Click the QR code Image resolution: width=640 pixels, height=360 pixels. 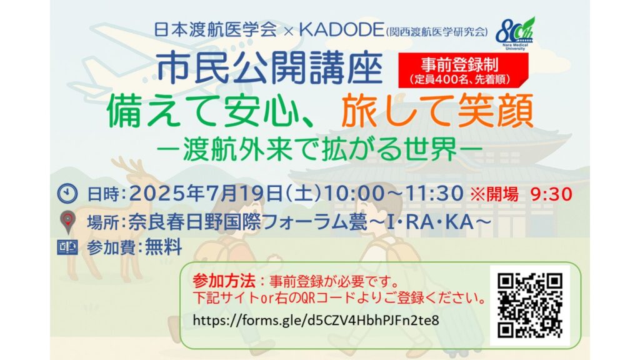pos(530,306)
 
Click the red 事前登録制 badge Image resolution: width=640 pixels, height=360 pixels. pos(463,70)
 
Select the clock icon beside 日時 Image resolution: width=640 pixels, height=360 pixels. pos(67,194)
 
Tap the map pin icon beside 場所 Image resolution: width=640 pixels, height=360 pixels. pos(67,222)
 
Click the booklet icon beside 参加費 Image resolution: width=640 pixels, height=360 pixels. pos(67,247)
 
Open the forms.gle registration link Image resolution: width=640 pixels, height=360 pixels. pos(316,321)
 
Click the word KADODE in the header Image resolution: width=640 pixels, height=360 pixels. pos(341,30)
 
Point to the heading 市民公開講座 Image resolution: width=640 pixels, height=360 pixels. pos(269,68)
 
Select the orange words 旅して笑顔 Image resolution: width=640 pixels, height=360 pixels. pos(437,111)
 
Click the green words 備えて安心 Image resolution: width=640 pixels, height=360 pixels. pos(202,111)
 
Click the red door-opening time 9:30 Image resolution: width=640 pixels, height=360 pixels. pos(551,194)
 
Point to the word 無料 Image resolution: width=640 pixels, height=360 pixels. pos(163,247)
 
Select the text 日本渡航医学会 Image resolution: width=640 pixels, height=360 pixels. pos(216,30)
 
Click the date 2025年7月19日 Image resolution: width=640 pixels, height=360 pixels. pos(206,194)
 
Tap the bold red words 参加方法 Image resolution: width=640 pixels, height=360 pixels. pos(224,281)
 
